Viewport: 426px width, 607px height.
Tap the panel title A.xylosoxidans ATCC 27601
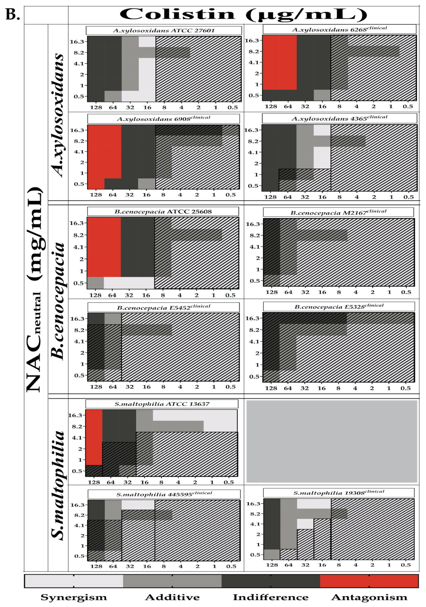[x=164, y=30]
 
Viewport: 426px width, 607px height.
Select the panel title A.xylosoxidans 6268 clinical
[x=339, y=29]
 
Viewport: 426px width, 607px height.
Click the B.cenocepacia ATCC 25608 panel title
[x=163, y=211]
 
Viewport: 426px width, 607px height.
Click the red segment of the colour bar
[x=369, y=581]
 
